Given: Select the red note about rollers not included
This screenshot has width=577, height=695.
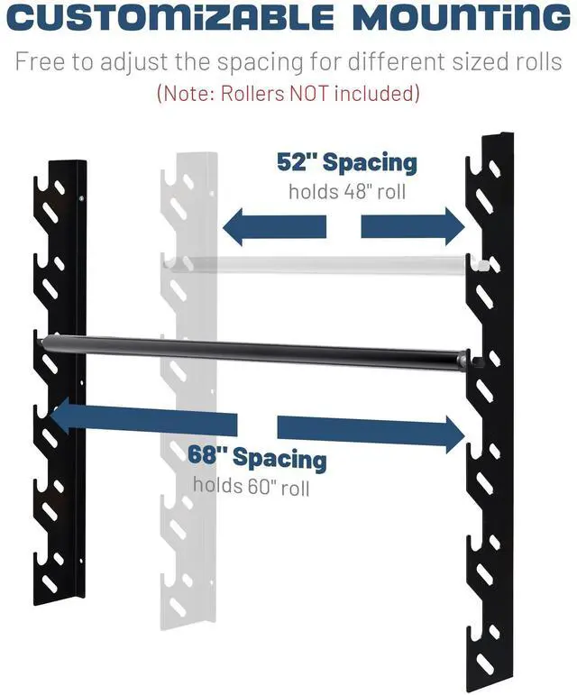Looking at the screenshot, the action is click(x=288, y=93).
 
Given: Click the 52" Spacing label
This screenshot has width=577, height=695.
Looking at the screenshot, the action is click(x=346, y=163).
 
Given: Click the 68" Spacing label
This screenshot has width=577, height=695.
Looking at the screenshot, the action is click(x=257, y=457).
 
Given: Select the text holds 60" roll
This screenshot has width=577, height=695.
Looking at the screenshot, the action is click(x=251, y=487).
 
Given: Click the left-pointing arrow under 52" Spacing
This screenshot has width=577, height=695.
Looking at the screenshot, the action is click(x=275, y=225).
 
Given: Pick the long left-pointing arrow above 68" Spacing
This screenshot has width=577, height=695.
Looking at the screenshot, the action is click(x=144, y=420).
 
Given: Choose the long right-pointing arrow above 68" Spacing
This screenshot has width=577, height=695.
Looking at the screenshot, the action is click(x=371, y=431).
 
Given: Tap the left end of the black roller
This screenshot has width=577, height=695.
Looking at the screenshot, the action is click(x=47, y=340).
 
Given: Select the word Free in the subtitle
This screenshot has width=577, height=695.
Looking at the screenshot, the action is click(x=39, y=64).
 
